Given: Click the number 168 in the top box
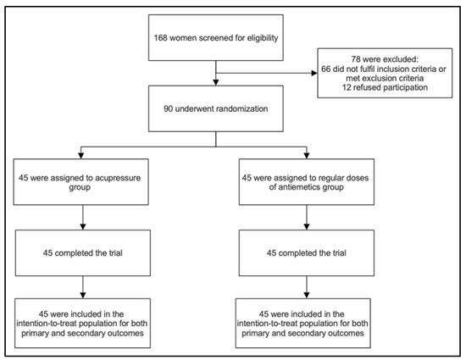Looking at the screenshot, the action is click(x=160, y=38).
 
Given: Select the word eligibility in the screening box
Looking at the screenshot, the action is click(x=263, y=38).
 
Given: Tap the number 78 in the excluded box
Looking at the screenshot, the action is click(x=356, y=59).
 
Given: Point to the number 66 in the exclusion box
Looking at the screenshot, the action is click(x=325, y=69).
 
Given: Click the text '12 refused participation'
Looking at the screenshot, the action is click(x=385, y=87).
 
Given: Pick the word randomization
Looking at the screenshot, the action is click(x=242, y=108).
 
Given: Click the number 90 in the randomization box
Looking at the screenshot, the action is click(x=169, y=108).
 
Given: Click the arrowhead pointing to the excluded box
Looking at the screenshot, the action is click(x=314, y=73).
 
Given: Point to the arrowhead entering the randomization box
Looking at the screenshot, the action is click(x=216, y=82).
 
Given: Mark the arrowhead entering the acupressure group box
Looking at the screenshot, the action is click(x=80, y=156).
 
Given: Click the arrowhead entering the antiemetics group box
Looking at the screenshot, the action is click(x=307, y=156).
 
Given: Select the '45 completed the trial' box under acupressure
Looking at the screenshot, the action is click(x=83, y=252).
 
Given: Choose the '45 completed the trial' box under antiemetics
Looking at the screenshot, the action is click(x=307, y=252).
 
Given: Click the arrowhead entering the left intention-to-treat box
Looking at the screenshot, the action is click(x=83, y=296).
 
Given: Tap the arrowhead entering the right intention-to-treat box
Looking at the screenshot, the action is click(x=307, y=296).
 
